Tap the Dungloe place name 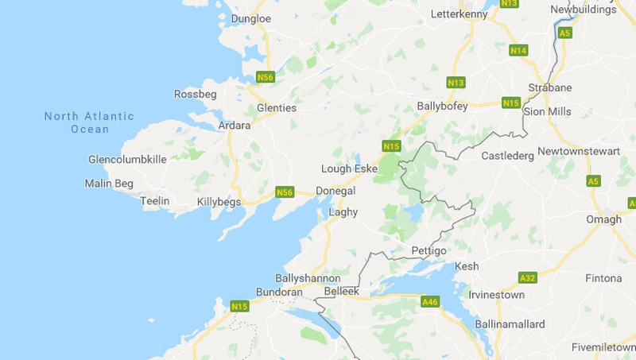click(x=250, y=18)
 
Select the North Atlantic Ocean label click(x=89, y=122)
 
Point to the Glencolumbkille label click(x=128, y=159)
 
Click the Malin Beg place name click(x=109, y=184)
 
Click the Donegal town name click(x=335, y=191)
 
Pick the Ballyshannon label click(x=308, y=278)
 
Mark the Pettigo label click(x=429, y=251)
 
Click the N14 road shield click(x=519, y=51)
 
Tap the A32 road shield click(x=527, y=277)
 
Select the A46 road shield click(x=430, y=301)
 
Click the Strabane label click(x=550, y=87)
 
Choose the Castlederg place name click(x=508, y=156)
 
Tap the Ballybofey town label click(x=442, y=106)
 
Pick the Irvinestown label click(x=496, y=295)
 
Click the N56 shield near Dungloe click(x=266, y=77)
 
